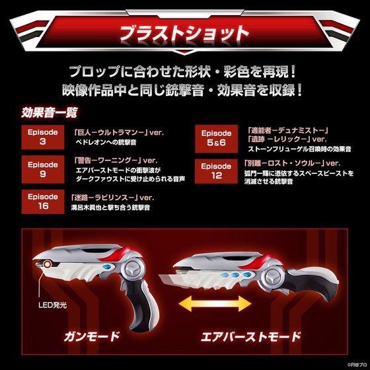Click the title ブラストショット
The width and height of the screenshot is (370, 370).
184,32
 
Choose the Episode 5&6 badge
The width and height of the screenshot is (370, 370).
216,137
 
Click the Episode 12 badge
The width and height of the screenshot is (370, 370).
216,170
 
